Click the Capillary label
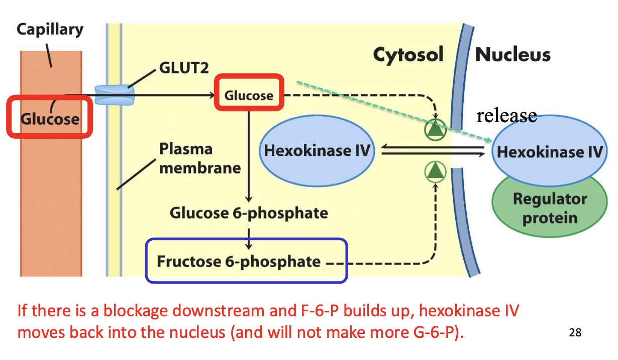coord(50,29)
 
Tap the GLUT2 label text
coord(183,67)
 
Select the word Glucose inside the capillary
coord(50,119)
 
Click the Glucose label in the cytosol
coord(249,95)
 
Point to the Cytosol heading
coord(408,55)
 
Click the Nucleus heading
coord(512,54)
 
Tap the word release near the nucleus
coord(506,116)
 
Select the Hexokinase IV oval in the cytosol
coord(317,151)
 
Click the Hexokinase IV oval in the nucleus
coord(549,151)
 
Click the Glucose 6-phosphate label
coord(249,213)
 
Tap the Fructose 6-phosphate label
coord(239,262)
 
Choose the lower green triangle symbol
coord(436,172)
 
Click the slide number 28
coord(575,332)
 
